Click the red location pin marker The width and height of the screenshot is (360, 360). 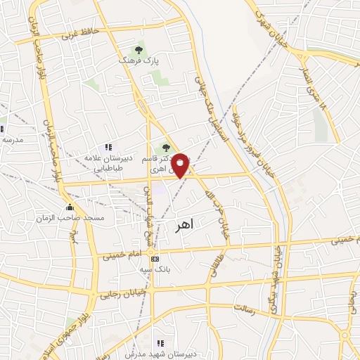pos(181,165)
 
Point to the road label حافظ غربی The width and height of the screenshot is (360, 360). pos(79,33)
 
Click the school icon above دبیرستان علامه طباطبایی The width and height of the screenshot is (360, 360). pos(108,147)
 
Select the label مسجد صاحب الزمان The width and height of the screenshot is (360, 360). pos(69,219)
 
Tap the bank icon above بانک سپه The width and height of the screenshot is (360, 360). pos(155,259)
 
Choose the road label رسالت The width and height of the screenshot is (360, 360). pos(247,309)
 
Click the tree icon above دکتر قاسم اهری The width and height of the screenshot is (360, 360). pos(166,148)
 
